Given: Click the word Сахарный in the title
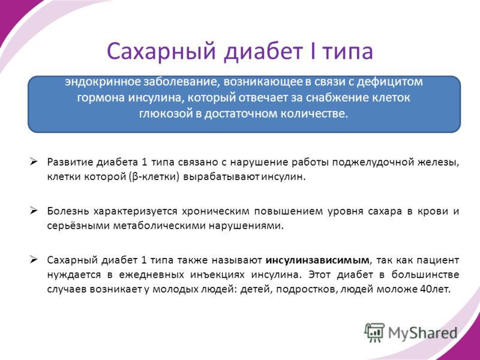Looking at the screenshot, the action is [x=161, y=51].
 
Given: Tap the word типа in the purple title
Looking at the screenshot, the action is [x=349, y=52].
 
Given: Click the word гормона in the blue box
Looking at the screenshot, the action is [x=101, y=98].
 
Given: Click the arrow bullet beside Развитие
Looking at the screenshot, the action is [x=34, y=161].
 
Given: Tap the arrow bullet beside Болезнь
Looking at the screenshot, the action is [x=34, y=211].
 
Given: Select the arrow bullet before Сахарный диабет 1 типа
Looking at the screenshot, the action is [x=34, y=260].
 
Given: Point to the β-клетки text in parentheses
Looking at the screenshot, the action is [x=155, y=177].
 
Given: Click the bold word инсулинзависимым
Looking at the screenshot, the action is [x=317, y=260].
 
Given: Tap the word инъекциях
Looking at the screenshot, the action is [x=217, y=275].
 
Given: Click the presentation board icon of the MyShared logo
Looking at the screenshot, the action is [x=374, y=332].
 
